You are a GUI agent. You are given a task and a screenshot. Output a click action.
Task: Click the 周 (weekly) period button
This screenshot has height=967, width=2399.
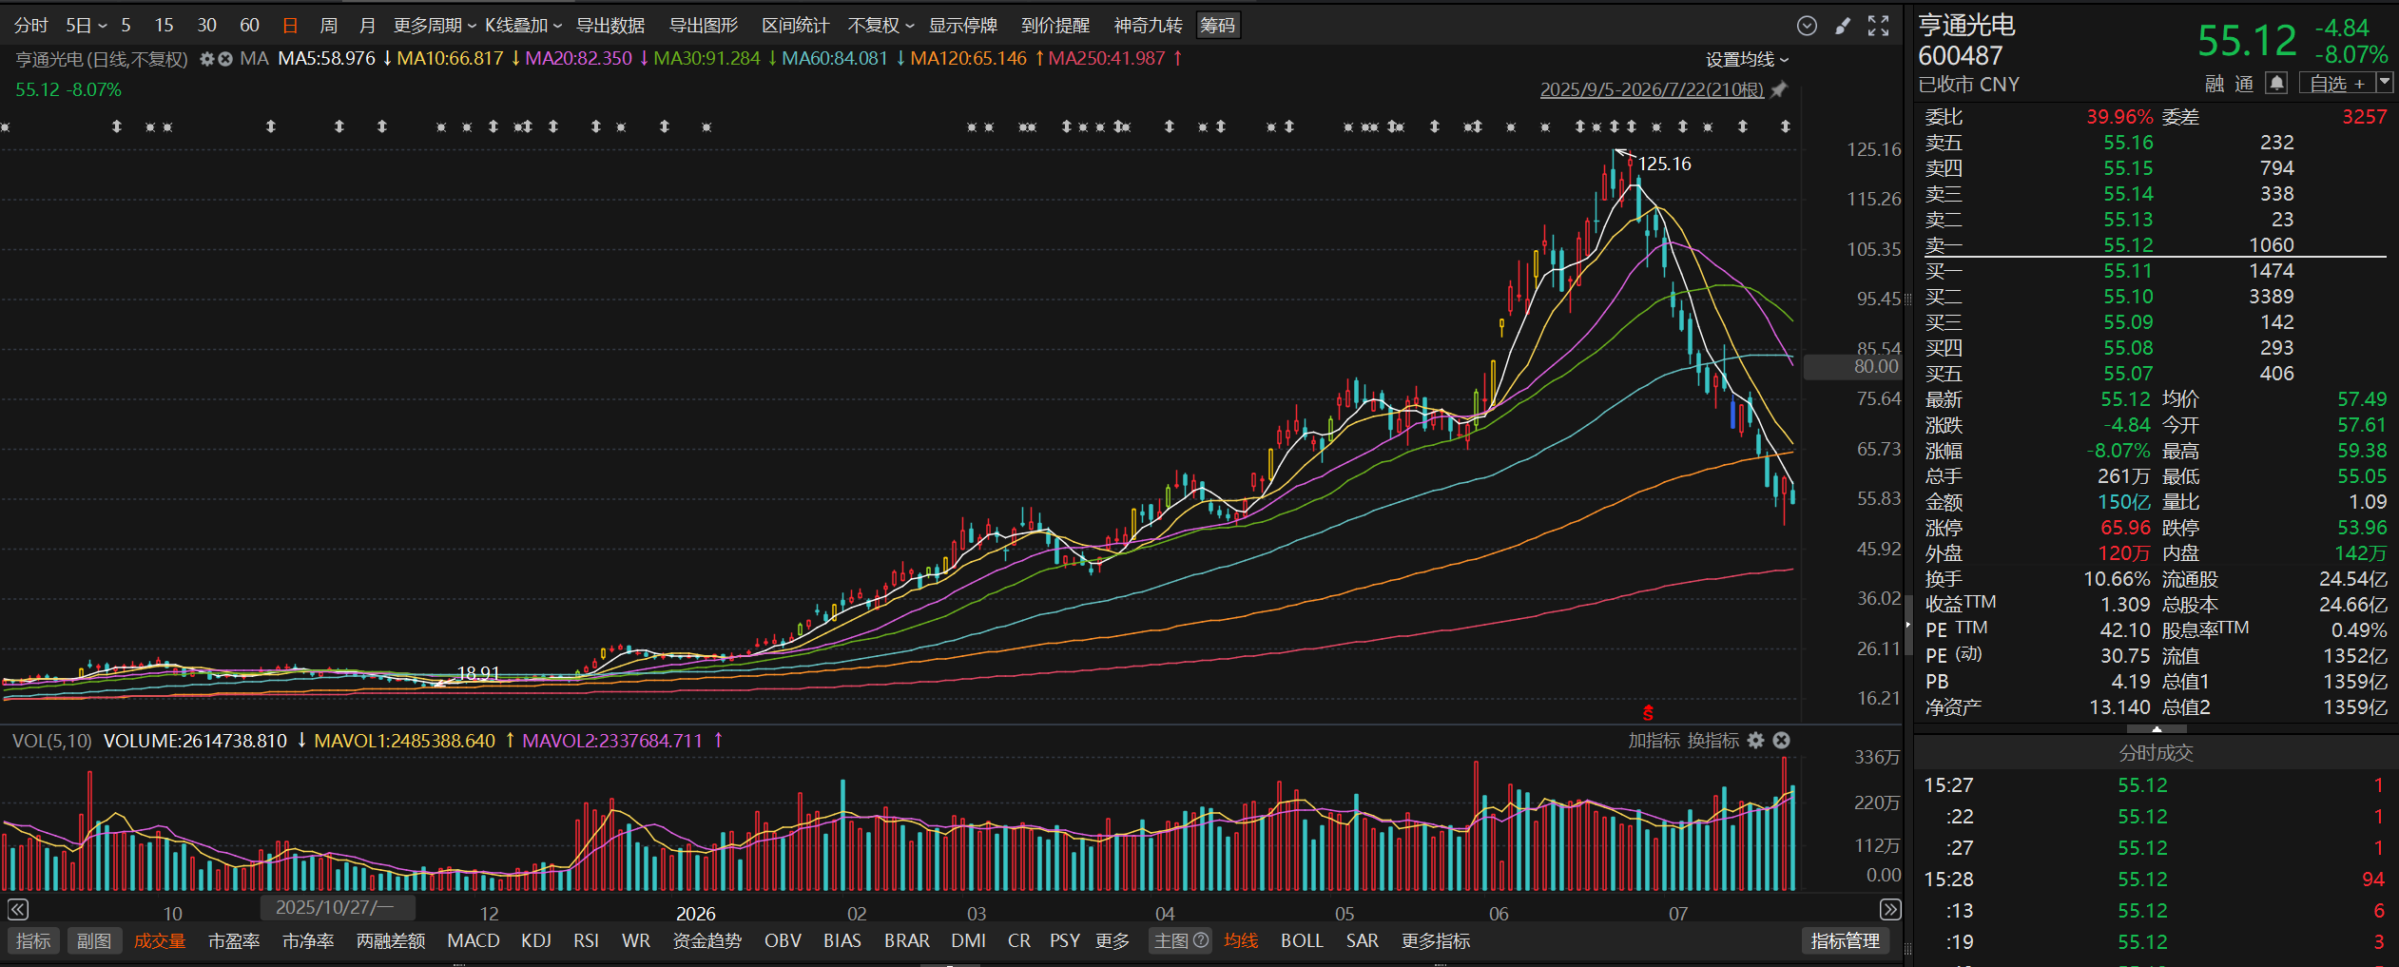pos(328,26)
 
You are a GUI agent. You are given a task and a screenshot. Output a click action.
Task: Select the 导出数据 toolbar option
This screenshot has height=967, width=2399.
pos(610,26)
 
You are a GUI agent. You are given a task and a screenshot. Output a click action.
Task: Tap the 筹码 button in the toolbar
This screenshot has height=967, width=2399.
pos(1217,26)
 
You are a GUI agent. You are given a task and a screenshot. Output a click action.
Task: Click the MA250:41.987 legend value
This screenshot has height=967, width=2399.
pos(1107,58)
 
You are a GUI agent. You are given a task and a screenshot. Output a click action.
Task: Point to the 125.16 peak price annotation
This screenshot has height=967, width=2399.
pos(1664,164)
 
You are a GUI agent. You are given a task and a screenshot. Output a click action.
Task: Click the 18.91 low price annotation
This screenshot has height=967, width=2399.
pos(478,673)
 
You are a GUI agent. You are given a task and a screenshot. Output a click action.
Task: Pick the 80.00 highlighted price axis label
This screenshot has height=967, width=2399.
pos(1876,366)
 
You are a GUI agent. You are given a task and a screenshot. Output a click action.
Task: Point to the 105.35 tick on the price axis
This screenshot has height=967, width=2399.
pos(1873,249)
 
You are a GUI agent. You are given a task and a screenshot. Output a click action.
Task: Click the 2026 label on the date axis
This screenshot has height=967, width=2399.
pos(695,913)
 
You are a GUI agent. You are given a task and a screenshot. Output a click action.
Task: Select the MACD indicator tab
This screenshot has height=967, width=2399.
pos(473,940)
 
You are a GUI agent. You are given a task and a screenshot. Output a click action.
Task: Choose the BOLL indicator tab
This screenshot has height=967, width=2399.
pos(1302,940)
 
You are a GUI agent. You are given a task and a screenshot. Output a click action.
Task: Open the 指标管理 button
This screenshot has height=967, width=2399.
pos(1845,940)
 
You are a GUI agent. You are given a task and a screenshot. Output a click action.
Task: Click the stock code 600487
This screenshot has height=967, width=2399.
pos(1960,56)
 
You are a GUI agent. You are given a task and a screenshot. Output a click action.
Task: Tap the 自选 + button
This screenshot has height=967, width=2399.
pos(2336,84)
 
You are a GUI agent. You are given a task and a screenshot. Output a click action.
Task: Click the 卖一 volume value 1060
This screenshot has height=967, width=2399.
pos(2271,245)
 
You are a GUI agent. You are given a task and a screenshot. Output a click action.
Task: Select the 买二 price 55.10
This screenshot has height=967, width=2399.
pos(2128,297)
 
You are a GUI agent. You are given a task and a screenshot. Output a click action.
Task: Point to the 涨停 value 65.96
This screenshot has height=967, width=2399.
pos(2125,528)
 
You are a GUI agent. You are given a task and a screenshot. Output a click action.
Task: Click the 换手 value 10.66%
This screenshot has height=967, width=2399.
pos(2117,579)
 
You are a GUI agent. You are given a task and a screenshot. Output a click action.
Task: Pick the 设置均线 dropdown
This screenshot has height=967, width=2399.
pos(1747,60)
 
